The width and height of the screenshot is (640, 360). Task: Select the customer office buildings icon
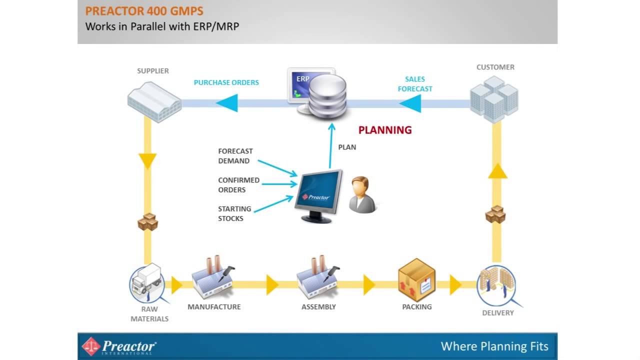[x=494, y=98]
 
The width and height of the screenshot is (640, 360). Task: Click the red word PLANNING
[x=385, y=130]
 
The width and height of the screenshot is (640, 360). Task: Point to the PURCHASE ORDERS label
[x=226, y=82]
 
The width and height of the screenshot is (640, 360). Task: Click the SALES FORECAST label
[x=415, y=84]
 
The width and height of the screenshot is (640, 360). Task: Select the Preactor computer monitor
[x=318, y=195]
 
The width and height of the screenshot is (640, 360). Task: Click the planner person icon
[x=362, y=195]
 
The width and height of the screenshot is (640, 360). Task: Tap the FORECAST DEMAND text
[x=235, y=156]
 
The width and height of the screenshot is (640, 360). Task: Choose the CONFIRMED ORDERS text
[x=238, y=185]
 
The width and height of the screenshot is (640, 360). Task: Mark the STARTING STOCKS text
[x=234, y=214]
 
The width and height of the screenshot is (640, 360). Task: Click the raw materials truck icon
[x=146, y=282]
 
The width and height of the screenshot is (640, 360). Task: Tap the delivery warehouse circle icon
[x=496, y=285]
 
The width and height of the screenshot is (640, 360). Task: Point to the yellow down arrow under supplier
[x=147, y=161]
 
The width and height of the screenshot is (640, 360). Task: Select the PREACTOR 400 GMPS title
[x=144, y=11]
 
